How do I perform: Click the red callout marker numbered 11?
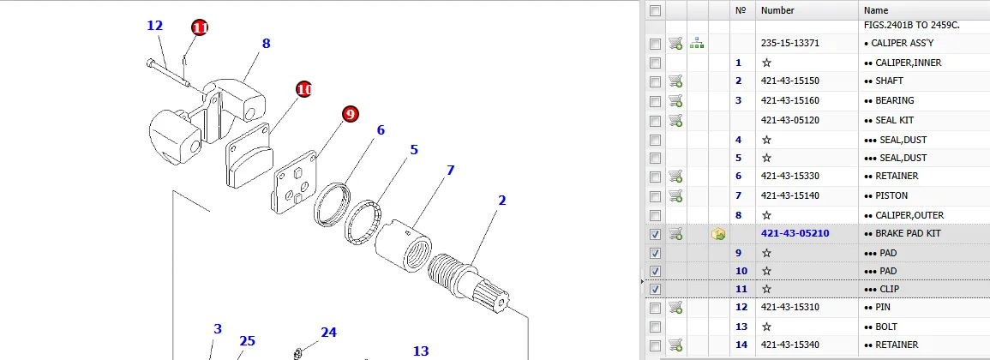click(200, 27)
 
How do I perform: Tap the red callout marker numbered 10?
click(304, 90)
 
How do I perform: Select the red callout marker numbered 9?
click(351, 114)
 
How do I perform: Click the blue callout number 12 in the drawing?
click(154, 26)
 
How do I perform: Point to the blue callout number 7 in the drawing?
click(450, 170)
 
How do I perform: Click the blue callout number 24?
click(329, 333)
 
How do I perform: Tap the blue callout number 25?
click(247, 341)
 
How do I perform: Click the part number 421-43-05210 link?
click(795, 234)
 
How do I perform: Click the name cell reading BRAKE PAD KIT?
click(902, 234)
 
